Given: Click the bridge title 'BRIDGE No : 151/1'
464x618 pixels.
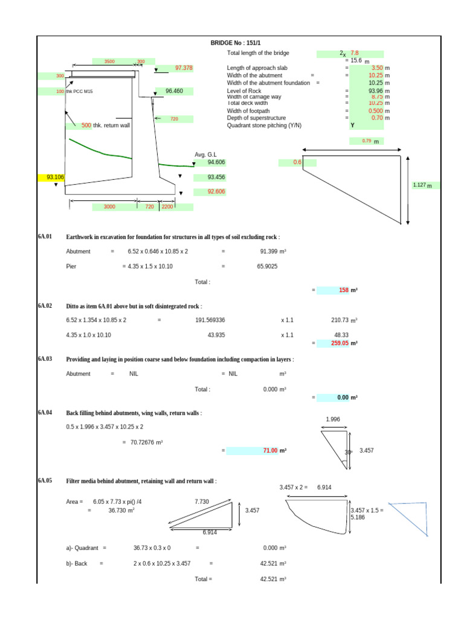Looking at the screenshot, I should coord(236,43).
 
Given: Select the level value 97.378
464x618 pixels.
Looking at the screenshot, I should coord(183,68).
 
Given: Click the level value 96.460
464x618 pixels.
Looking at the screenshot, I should coord(174,92).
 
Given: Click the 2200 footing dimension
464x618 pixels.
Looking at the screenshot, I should coord(167,207).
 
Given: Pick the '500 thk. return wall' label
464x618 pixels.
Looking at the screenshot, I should coord(106,126).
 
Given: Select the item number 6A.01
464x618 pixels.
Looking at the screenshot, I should coord(45,237).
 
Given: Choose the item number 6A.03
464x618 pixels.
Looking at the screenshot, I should coord(45,359).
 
